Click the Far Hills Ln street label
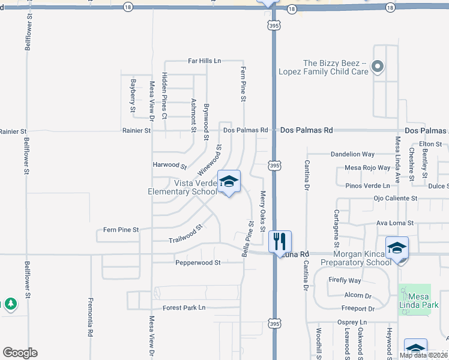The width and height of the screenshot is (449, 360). click(205, 61)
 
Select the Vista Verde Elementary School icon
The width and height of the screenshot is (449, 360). click(229, 182)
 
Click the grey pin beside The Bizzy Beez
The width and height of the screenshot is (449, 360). click(378, 67)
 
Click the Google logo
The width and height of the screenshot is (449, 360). click(20, 353)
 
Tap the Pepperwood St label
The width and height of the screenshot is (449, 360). click(198, 263)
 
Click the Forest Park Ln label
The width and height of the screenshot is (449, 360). click(184, 308)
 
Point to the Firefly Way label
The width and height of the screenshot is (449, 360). click(345, 281)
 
